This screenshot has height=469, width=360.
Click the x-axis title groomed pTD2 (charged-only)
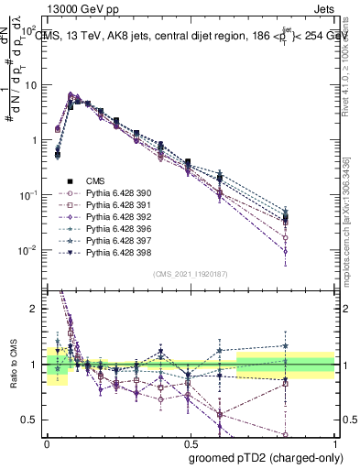[x=261, y=459]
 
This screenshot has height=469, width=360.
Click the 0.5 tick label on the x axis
[x=190, y=441]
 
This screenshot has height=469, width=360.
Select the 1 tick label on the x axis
[x=334, y=441]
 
